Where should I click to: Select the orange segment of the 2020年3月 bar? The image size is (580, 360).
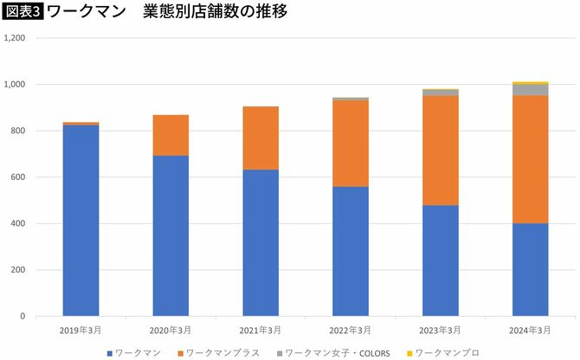pos(171,135)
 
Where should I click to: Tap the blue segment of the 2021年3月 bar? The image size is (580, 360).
pos(261,242)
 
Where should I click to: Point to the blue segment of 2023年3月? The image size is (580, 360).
pos(441,260)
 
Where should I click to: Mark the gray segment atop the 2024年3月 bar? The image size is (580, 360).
pos(530,90)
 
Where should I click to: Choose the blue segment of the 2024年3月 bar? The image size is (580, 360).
pos(530,269)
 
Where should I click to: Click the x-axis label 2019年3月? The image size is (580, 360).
pos(81,330)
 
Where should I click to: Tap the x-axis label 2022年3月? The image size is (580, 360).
pos(351,330)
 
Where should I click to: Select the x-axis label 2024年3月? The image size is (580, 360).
pos(530,330)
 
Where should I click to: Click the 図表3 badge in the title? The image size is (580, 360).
pos(23,12)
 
